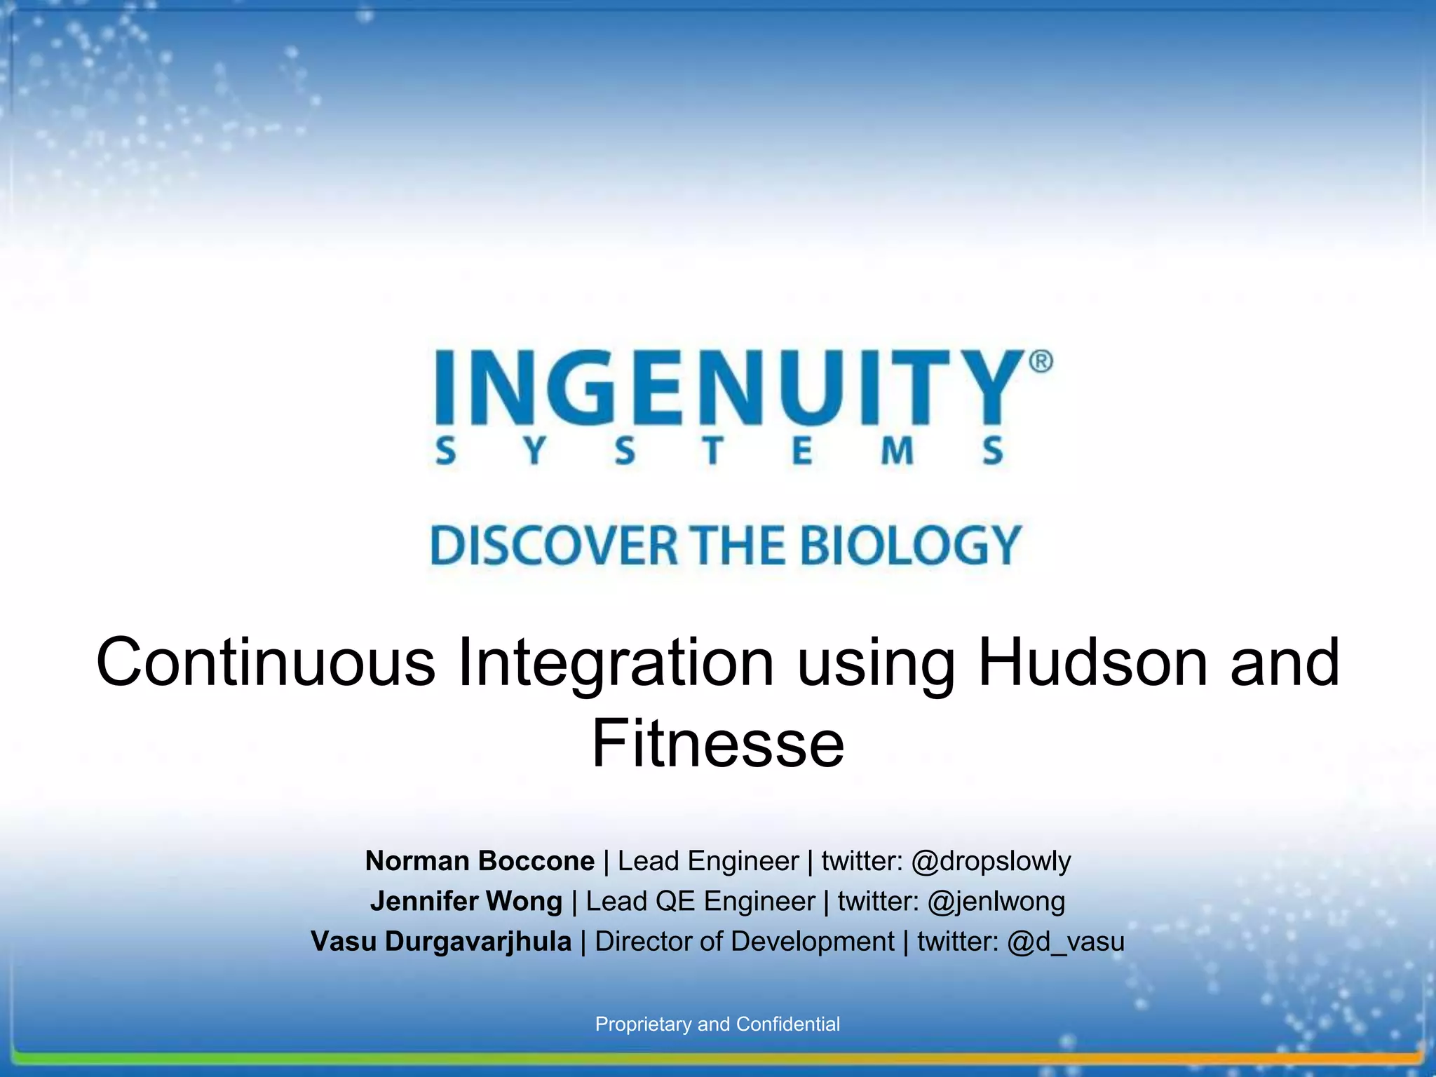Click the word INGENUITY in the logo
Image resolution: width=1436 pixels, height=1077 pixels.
(729, 388)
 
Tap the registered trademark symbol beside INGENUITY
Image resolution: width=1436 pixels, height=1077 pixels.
(1041, 362)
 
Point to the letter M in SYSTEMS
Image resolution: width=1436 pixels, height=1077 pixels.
(897, 451)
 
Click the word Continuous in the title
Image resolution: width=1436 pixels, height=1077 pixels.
(266, 663)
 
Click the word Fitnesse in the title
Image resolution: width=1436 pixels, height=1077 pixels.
(718, 743)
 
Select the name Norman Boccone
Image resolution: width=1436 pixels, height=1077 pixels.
(480, 861)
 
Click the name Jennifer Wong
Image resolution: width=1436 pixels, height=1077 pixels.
(466, 901)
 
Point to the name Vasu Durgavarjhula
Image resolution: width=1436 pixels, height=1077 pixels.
(441, 942)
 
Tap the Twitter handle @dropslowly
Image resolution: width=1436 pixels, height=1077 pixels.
(991, 861)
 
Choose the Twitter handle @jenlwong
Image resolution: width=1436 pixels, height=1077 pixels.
(996, 901)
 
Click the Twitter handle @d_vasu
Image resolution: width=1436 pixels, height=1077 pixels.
(1065, 942)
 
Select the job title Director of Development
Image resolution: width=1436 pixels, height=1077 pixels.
(744, 942)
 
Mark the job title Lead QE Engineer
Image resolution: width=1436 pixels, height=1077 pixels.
(700, 901)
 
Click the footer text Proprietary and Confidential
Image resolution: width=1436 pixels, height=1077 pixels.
(717, 1024)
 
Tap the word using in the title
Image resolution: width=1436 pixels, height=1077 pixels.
(876, 663)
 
